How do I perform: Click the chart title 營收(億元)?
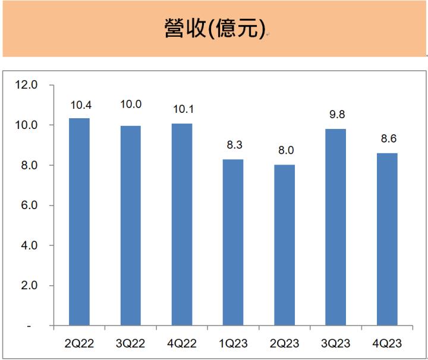(214, 28)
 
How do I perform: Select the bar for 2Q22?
(79, 222)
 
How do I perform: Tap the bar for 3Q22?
(130, 226)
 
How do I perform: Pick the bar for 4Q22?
(182, 225)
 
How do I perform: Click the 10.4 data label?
(79, 105)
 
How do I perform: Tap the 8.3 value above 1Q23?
(233, 146)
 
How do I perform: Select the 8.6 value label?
(387, 140)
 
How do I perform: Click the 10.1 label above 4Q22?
(182, 110)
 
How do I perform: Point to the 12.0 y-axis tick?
(27, 85)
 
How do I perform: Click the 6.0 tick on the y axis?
(29, 206)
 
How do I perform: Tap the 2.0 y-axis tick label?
(29, 286)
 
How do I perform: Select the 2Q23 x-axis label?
(284, 343)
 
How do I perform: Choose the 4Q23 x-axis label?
(387, 343)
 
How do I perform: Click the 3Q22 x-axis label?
(130, 343)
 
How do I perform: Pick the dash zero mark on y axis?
(36, 326)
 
